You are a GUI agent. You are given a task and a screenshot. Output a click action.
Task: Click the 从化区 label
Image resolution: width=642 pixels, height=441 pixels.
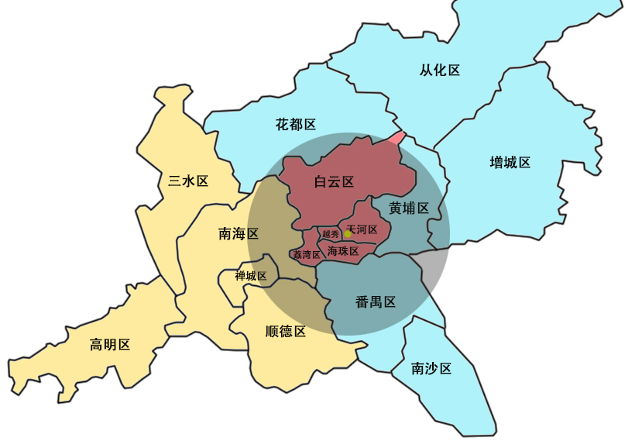[x=440, y=71]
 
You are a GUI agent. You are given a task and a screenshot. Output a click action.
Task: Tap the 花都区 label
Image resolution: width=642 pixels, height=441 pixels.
[x=296, y=124]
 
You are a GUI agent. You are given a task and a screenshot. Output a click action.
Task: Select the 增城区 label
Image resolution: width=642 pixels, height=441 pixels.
[x=510, y=162]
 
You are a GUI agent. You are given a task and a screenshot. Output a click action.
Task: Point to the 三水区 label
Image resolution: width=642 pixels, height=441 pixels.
[x=189, y=181]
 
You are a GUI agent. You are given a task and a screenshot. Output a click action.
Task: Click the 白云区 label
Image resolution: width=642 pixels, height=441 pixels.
[x=334, y=182]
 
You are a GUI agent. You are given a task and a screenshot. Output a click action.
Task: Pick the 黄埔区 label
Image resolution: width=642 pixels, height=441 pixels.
[x=409, y=208]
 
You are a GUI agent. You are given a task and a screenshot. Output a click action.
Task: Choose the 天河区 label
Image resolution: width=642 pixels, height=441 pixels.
[x=362, y=230]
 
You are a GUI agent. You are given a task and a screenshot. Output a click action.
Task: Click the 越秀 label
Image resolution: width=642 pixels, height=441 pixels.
[x=331, y=234]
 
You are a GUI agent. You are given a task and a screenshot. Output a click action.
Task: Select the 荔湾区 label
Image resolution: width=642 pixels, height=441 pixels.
[x=306, y=254]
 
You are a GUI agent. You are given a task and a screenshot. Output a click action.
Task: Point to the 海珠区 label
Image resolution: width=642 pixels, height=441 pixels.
[x=343, y=251]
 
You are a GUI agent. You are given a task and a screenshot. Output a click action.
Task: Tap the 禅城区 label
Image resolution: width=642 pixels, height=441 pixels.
[x=251, y=276]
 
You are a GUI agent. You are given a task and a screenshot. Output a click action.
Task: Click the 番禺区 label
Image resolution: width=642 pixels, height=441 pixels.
[x=376, y=302]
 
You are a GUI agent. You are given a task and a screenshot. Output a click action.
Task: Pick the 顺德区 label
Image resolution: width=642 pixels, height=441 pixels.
[x=286, y=332]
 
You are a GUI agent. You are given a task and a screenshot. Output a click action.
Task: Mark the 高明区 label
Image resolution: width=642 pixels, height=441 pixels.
[x=110, y=345]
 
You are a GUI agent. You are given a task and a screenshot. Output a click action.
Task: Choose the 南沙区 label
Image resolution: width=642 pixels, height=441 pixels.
[x=431, y=369]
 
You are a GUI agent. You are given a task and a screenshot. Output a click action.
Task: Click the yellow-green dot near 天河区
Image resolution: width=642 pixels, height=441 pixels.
[x=348, y=233]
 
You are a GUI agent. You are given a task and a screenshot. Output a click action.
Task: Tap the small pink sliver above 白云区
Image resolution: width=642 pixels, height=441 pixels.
[x=396, y=138]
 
